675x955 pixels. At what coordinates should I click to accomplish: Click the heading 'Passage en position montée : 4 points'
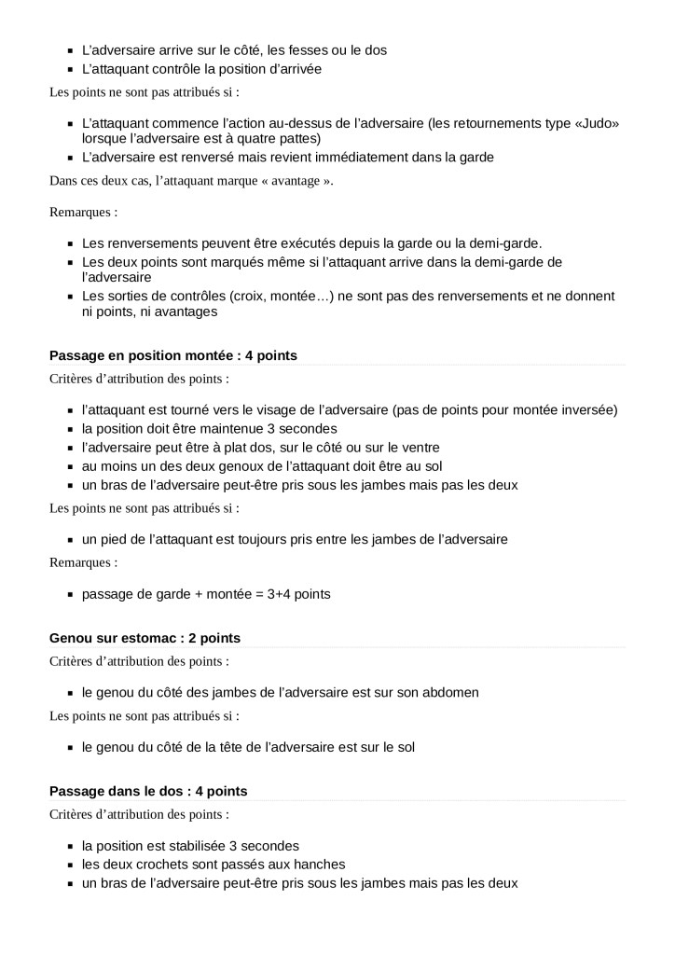172,355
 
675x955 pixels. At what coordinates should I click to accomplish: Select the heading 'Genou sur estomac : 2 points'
145,638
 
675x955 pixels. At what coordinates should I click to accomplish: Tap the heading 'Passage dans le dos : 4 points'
148,791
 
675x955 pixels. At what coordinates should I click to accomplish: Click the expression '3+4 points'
298,593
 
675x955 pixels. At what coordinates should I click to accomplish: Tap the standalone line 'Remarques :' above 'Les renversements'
83,212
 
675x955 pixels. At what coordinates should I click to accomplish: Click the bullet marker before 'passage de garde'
70,594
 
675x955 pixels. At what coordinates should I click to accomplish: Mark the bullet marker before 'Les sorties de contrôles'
70,297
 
